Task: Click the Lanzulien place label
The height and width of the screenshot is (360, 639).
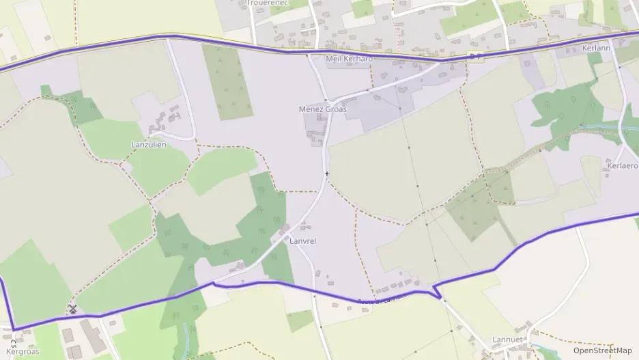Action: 148,145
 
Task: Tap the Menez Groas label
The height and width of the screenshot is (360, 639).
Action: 323,109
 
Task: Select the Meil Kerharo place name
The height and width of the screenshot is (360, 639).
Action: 350,58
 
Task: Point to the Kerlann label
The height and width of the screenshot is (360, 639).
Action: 595,49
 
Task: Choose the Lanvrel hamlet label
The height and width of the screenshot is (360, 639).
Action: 302,241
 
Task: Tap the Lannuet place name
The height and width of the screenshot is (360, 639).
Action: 507,339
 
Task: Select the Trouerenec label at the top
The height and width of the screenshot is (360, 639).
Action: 268,3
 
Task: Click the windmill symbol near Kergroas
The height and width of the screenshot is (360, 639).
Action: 72,309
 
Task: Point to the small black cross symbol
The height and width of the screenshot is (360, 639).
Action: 327,174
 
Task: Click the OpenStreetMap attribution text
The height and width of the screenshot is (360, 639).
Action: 602,350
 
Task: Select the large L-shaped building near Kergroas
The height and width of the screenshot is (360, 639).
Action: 92,336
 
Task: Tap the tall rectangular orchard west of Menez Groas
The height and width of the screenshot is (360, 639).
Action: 227,82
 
